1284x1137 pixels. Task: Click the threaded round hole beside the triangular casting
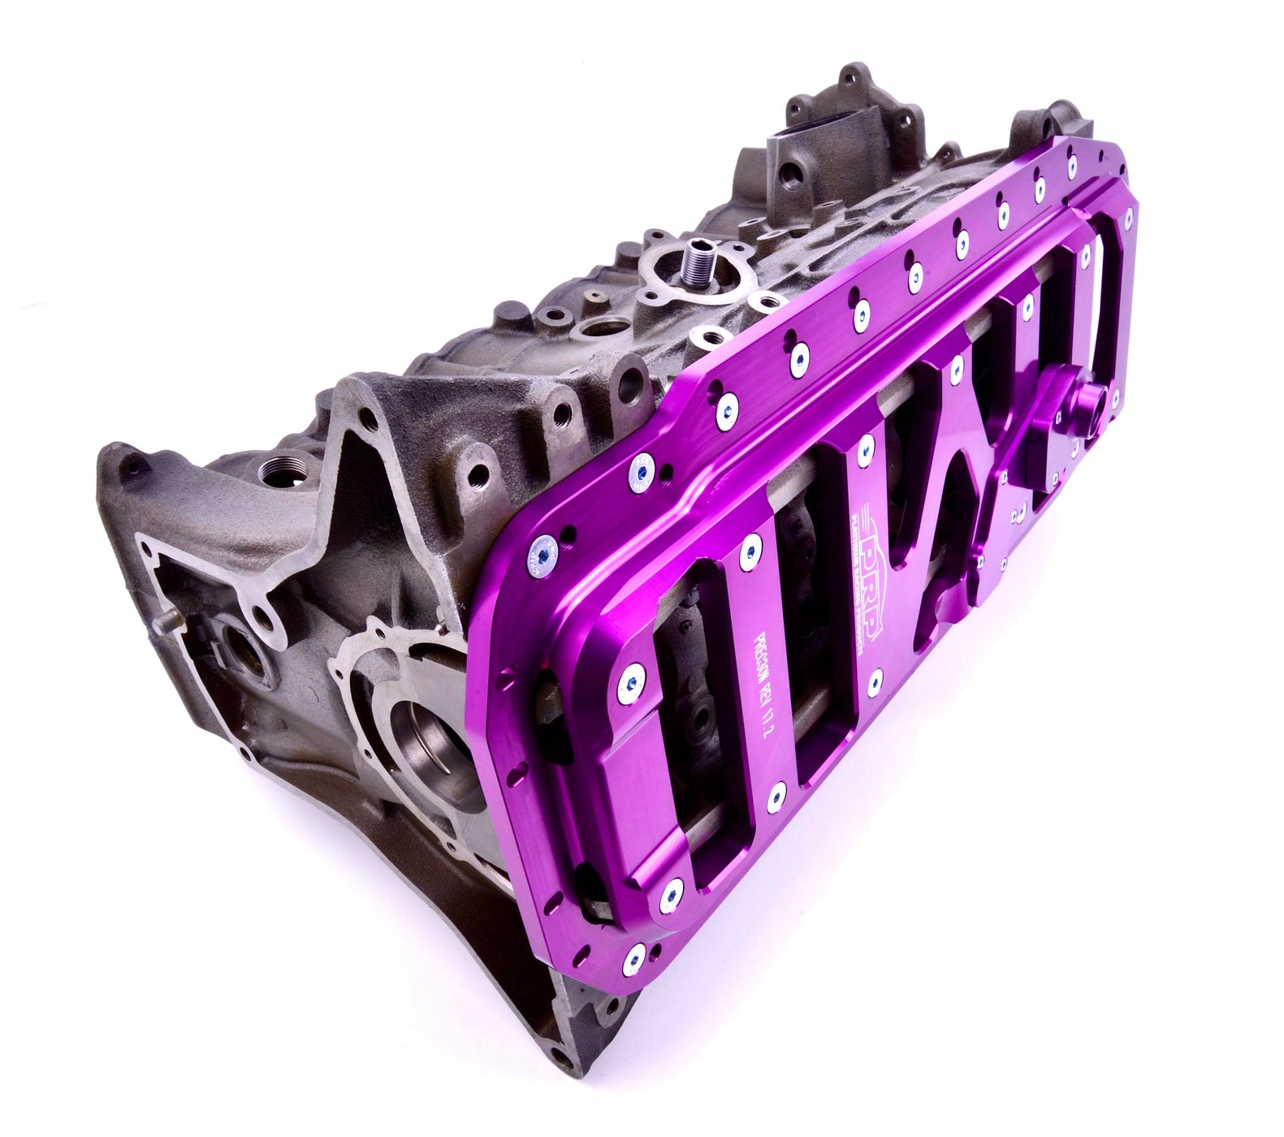click(x=272, y=471)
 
